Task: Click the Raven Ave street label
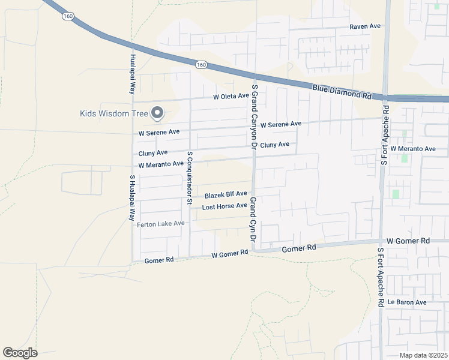click(366, 27)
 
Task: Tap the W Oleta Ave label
click(231, 96)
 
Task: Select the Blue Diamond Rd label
click(342, 92)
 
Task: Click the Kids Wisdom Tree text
click(113, 113)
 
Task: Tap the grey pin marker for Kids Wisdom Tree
click(158, 112)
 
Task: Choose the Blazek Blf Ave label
click(226, 194)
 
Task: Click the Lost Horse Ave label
click(224, 206)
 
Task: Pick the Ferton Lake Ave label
click(160, 224)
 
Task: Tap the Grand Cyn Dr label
click(253, 223)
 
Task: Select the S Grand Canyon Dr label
click(255, 116)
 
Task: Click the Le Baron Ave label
click(406, 302)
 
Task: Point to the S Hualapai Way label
click(132, 198)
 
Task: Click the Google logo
click(20, 353)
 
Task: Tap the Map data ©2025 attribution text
click(423, 355)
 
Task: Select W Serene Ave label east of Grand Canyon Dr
click(280, 124)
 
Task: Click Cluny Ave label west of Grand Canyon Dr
click(152, 154)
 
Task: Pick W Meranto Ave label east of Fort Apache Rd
click(412, 148)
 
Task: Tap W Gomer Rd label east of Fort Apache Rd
click(408, 241)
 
